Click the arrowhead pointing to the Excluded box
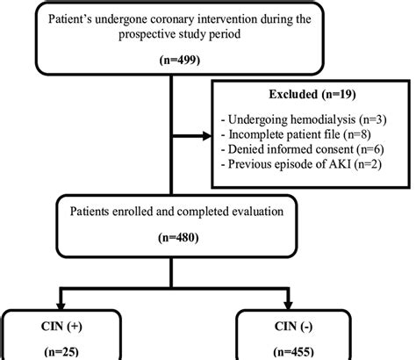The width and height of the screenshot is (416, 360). click(208, 135)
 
